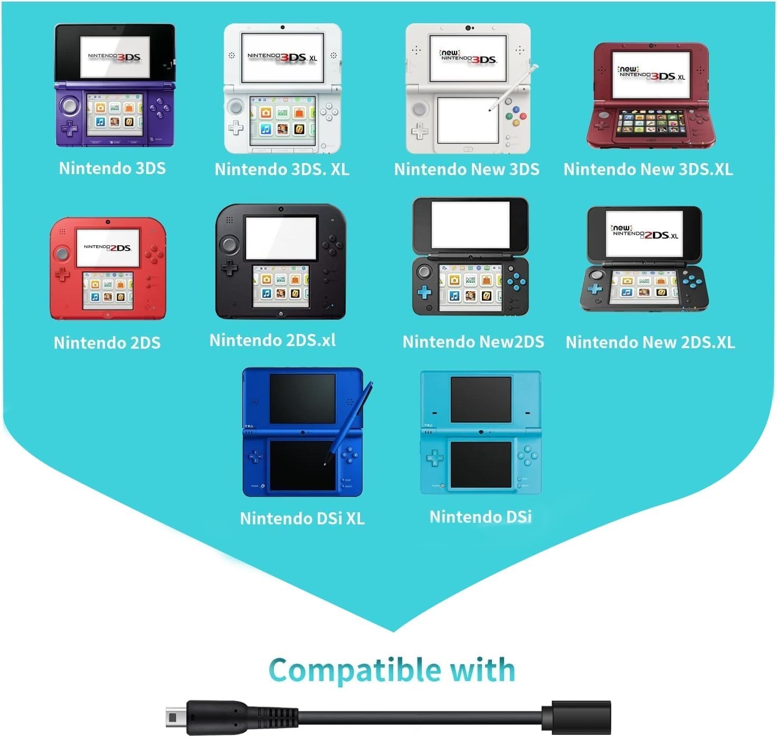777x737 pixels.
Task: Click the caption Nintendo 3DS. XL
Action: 282,169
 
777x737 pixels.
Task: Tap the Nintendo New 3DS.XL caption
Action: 648,169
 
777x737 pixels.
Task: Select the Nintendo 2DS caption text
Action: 107,342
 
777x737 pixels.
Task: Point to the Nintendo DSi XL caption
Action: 302,518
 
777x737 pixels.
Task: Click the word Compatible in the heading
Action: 354,671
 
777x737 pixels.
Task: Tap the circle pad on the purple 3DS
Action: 70,106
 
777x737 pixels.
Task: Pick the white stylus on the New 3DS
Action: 514,87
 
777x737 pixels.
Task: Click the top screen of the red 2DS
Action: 108,248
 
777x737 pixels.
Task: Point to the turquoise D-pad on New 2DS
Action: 424,292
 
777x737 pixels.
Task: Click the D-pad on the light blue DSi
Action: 435,458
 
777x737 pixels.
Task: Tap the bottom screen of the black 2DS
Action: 281,286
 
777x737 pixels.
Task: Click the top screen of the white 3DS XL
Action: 282,58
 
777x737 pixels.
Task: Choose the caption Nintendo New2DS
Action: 473,342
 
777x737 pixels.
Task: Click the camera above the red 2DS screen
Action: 108,222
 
